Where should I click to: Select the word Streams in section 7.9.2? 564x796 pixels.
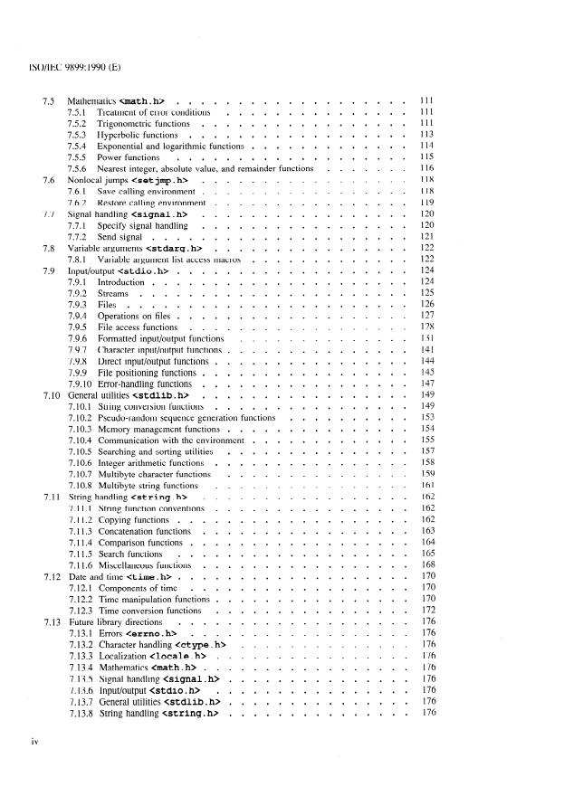pos(116,294)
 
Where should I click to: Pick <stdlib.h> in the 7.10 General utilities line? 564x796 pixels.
pos(163,395)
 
